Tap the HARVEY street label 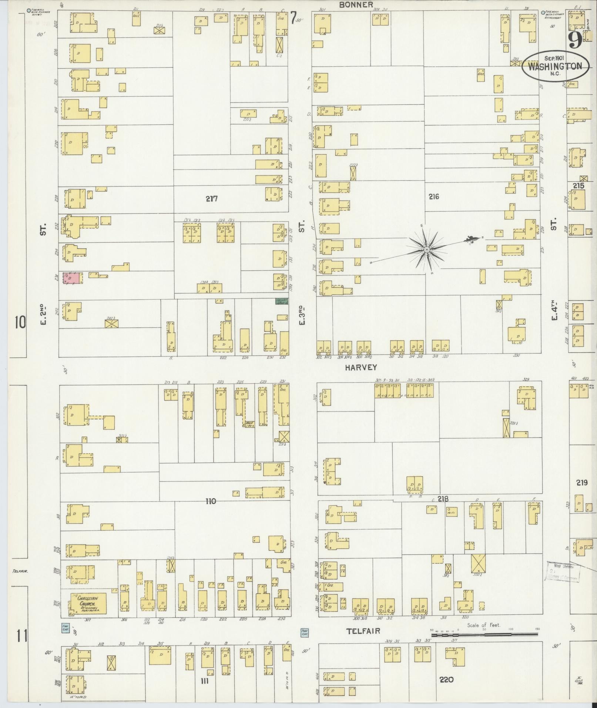point(361,368)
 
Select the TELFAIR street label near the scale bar point(364,631)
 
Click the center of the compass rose point(427,250)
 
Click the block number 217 point(212,199)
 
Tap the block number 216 point(434,197)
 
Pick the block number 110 point(211,501)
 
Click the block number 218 point(443,499)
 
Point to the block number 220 point(446,680)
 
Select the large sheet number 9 point(574,40)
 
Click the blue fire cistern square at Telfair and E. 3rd point(305,631)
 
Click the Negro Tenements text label point(404,395)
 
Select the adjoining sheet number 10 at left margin point(20,323)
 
